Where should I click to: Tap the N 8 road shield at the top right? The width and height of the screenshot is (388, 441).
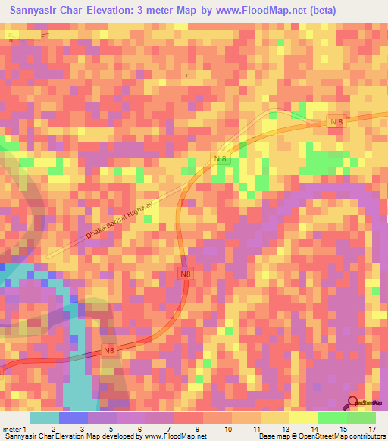[x=336, y=122]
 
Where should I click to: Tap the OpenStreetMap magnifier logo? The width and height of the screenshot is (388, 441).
[x=354, y=402]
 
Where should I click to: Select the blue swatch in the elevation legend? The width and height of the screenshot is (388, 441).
[x=74, y=418]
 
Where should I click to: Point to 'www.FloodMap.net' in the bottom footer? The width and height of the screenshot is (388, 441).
[x=174, y=436]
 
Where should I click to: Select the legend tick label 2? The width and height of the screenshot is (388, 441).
[x=53, y=428]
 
